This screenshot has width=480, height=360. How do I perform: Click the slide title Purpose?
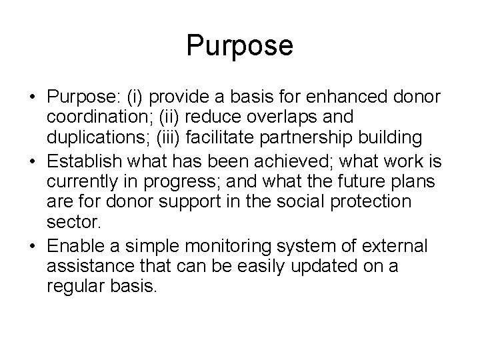239,46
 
